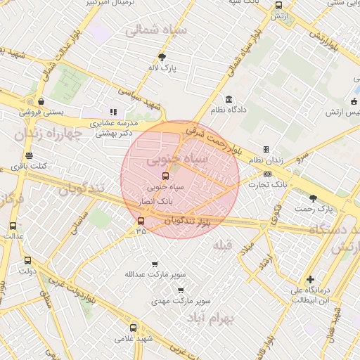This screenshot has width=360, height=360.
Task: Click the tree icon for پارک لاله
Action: click(x=162, y=57)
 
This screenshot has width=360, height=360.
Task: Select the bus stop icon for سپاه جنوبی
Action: click(x=165, y=176)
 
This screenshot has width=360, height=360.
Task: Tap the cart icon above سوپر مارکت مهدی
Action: click(x=181, y=290)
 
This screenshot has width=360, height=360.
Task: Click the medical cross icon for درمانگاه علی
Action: click(x=310, y=279)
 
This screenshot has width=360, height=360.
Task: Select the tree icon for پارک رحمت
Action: click(x=313, y=198)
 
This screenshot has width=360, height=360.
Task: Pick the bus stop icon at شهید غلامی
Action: click(x=134, y=327)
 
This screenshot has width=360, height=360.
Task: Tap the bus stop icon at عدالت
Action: click(x=13, y=226)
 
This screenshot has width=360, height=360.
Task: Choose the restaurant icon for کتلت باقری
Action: click(x=29, y=156)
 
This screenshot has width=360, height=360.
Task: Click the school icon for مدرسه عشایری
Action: click(x=112, y=111)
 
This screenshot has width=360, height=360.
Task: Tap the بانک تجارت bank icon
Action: click(x=268, y=174)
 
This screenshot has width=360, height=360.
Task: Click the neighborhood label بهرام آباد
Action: click(x=210, y=318)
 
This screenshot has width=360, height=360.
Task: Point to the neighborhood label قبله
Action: click(x=221, y=245)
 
